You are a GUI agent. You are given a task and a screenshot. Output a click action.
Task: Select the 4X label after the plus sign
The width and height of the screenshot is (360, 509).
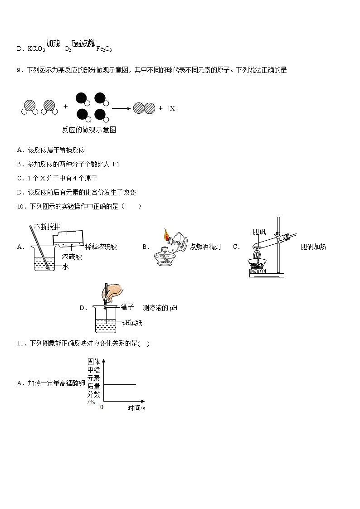170,108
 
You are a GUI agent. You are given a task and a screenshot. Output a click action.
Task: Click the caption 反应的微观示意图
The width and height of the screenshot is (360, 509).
89,130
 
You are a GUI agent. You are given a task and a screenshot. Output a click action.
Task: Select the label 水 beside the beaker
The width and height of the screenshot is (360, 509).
65,267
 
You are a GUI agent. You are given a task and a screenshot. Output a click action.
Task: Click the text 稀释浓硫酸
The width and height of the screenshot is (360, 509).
101,247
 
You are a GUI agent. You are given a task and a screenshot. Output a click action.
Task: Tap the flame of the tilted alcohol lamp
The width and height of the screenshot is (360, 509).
166,235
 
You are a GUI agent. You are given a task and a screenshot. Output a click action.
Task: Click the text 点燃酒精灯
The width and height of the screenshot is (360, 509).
206,247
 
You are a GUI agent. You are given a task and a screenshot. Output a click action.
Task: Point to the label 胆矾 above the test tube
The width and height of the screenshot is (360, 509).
259,232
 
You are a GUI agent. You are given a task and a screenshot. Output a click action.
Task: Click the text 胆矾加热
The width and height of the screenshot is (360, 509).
313,247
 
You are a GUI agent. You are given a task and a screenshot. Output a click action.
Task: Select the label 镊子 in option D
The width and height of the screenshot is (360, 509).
127,307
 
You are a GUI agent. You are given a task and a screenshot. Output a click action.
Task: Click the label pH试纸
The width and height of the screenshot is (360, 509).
132,323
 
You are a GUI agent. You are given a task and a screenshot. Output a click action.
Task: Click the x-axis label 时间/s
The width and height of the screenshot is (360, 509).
136,408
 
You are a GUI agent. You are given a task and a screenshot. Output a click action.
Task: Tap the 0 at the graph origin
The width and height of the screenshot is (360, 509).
102,407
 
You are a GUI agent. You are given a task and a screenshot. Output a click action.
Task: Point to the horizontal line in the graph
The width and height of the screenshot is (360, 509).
120,384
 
